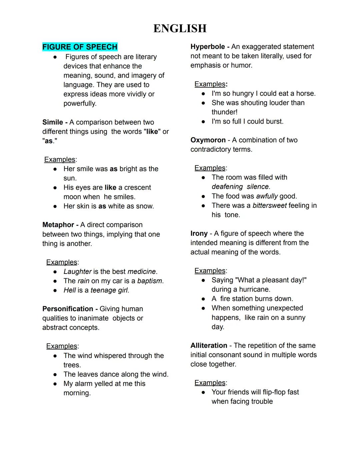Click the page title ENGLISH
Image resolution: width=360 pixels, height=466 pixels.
(x=180, y=28)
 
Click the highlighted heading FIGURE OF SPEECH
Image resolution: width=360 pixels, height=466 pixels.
(x=80, y=47)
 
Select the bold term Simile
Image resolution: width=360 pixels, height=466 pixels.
(x=52, y=122)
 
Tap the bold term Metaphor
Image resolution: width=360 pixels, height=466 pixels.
(x=58, y=225)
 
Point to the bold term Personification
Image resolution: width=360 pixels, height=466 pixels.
(x=68, y=309)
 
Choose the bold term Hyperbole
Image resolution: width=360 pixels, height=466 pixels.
(x=207, y=47)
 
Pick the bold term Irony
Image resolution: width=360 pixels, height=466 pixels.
(x=199, y=234)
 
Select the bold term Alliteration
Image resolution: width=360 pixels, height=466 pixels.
(x=209, y=346)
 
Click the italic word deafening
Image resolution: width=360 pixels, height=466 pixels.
(x=227, y=187)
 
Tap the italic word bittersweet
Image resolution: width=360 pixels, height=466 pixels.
(x=269, y=205)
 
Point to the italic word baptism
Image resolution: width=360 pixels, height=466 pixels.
(x=149, y=281)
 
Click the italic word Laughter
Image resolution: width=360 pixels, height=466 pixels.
(x=77, y=272)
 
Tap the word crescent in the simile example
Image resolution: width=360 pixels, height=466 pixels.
(x=137, y=187)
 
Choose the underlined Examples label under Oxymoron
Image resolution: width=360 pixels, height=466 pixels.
(x=210, y=168)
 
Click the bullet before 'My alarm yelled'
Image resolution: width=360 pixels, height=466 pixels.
(x=55, y=384)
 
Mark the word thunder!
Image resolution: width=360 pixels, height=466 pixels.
(x=224, y=112)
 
